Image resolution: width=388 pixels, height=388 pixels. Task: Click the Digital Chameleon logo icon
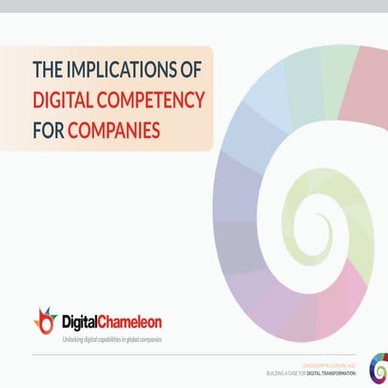pyautogui.click(x=45, y=321)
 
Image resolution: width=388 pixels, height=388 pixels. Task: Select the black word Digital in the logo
pyautogui.click(x=82, y=322)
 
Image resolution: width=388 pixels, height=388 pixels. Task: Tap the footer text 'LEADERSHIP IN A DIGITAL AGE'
pyautogui.click(x=331, y=363)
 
